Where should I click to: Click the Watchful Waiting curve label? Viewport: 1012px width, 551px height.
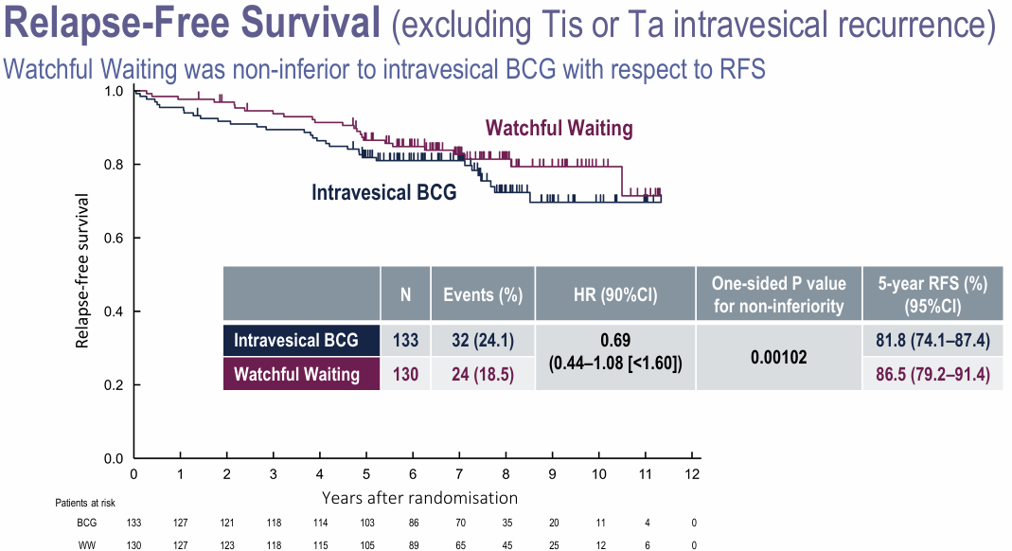pyautogui.click(x=559, y=128)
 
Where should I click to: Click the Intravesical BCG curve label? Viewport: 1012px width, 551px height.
pyautogui.click(x=384, y=192)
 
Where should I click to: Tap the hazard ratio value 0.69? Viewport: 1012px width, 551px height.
pyautogui.click(x=614, y=338)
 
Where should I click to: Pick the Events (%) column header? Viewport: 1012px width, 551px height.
pyautogui.click(x=483, y=293)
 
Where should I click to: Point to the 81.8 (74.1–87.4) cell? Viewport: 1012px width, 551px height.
pyautogui.click(x=932, y=339)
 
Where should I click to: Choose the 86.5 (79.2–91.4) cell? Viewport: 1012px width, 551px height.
pyautogui.click(x=932, y=374)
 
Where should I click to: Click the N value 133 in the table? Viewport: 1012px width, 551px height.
pyautogui.click(x=405, y=339)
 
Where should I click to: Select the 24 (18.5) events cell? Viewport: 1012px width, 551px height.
pyautogui.click(x=483, y=374)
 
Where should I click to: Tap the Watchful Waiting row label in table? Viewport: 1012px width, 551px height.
pyautogui.click(x=296, y=374)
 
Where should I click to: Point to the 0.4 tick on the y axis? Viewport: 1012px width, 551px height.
pyautogui.click(x=114, y=311)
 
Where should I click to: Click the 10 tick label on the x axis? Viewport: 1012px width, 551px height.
pyautogui.click(x=598, y=474)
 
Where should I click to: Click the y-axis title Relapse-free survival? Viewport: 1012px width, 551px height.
pyautogui.click(x=83, y=272)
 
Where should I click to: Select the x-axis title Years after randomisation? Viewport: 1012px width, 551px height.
pyautogui.click(x=419, y=497)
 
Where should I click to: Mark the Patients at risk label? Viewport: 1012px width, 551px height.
pyautogui.click(x=84, y=503)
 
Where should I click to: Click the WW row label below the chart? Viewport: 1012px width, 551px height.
pyautogui.click(x=86, y=543)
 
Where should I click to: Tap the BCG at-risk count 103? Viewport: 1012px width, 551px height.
pyautogui.click(x=366, y=522)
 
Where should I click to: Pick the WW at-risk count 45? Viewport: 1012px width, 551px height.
pyautogui.click(x=506, y=543)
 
